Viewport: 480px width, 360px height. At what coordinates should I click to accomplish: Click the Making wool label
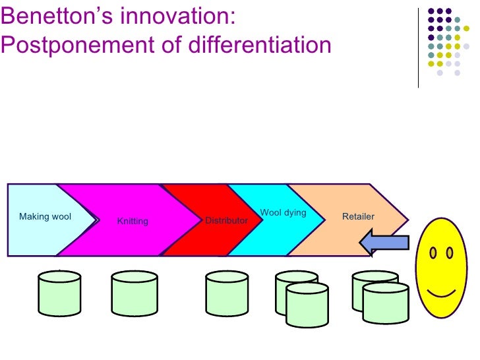45,217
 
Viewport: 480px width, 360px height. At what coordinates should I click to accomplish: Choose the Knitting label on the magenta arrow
133,222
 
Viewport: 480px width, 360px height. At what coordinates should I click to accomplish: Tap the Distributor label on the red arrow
226,220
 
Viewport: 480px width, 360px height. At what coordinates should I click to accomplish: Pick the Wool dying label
283,213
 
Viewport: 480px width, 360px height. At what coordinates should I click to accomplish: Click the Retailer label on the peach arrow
358,216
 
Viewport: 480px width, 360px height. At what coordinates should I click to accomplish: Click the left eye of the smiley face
433,253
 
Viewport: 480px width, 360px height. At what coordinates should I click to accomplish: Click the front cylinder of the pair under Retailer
386,303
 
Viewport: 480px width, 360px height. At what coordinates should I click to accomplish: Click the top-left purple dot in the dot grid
431,11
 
